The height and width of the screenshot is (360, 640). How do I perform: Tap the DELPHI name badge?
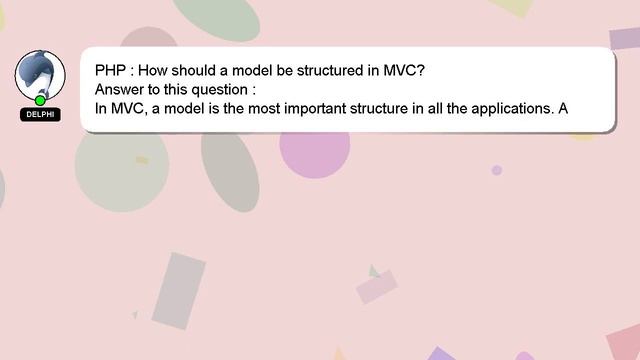tap(40, 115)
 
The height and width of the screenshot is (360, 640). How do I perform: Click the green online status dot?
tap(40, 100)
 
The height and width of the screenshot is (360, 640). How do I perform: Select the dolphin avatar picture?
tap(40, 74)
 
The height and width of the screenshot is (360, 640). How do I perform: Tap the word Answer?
tap(120, 89)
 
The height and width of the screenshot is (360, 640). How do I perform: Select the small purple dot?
tap(496, 170)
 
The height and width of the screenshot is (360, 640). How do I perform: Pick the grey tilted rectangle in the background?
tap(179, 290)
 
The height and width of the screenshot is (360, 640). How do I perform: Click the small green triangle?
tap(373, 271)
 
